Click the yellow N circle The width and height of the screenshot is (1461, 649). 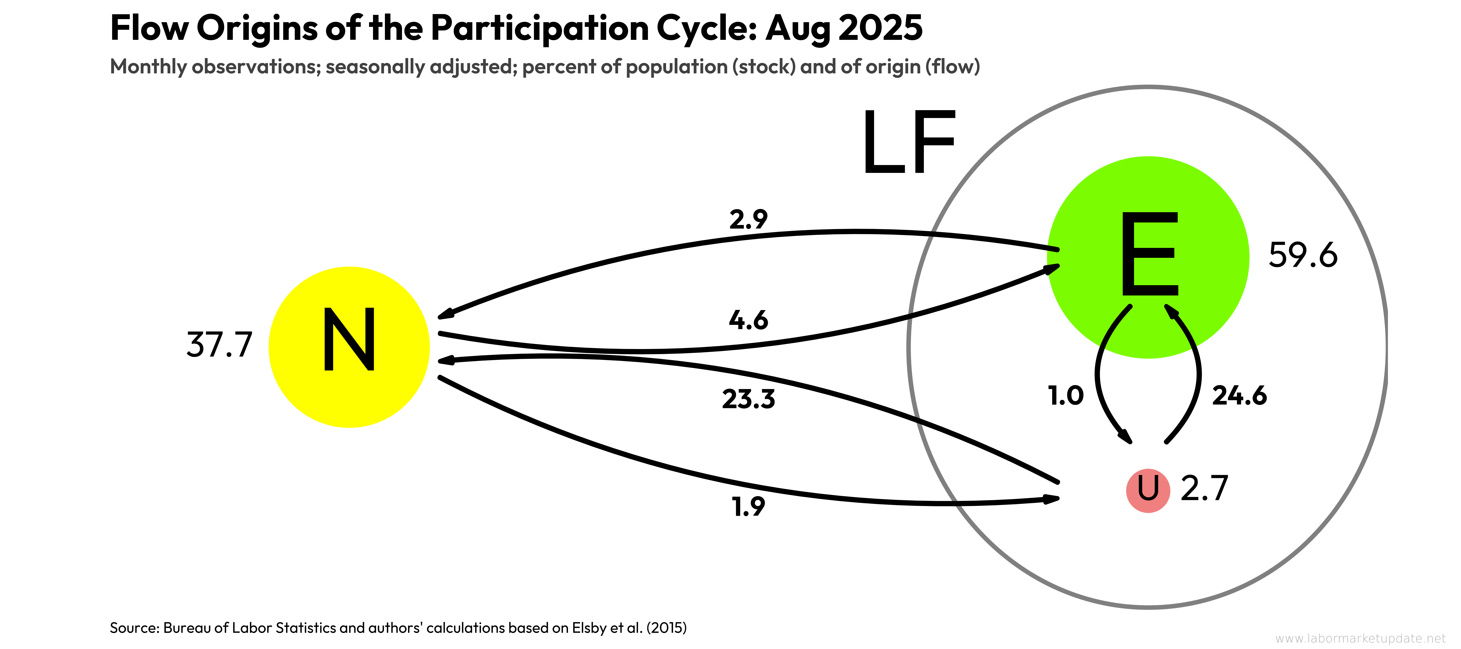[x=349, y=347]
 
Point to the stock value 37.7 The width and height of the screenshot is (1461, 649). [x=219, y=345]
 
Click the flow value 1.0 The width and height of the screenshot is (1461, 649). [x=1066, y=396]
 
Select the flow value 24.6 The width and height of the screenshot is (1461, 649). [x=1239, y=396]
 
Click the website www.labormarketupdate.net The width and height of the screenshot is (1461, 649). [x=1360, y=638]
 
